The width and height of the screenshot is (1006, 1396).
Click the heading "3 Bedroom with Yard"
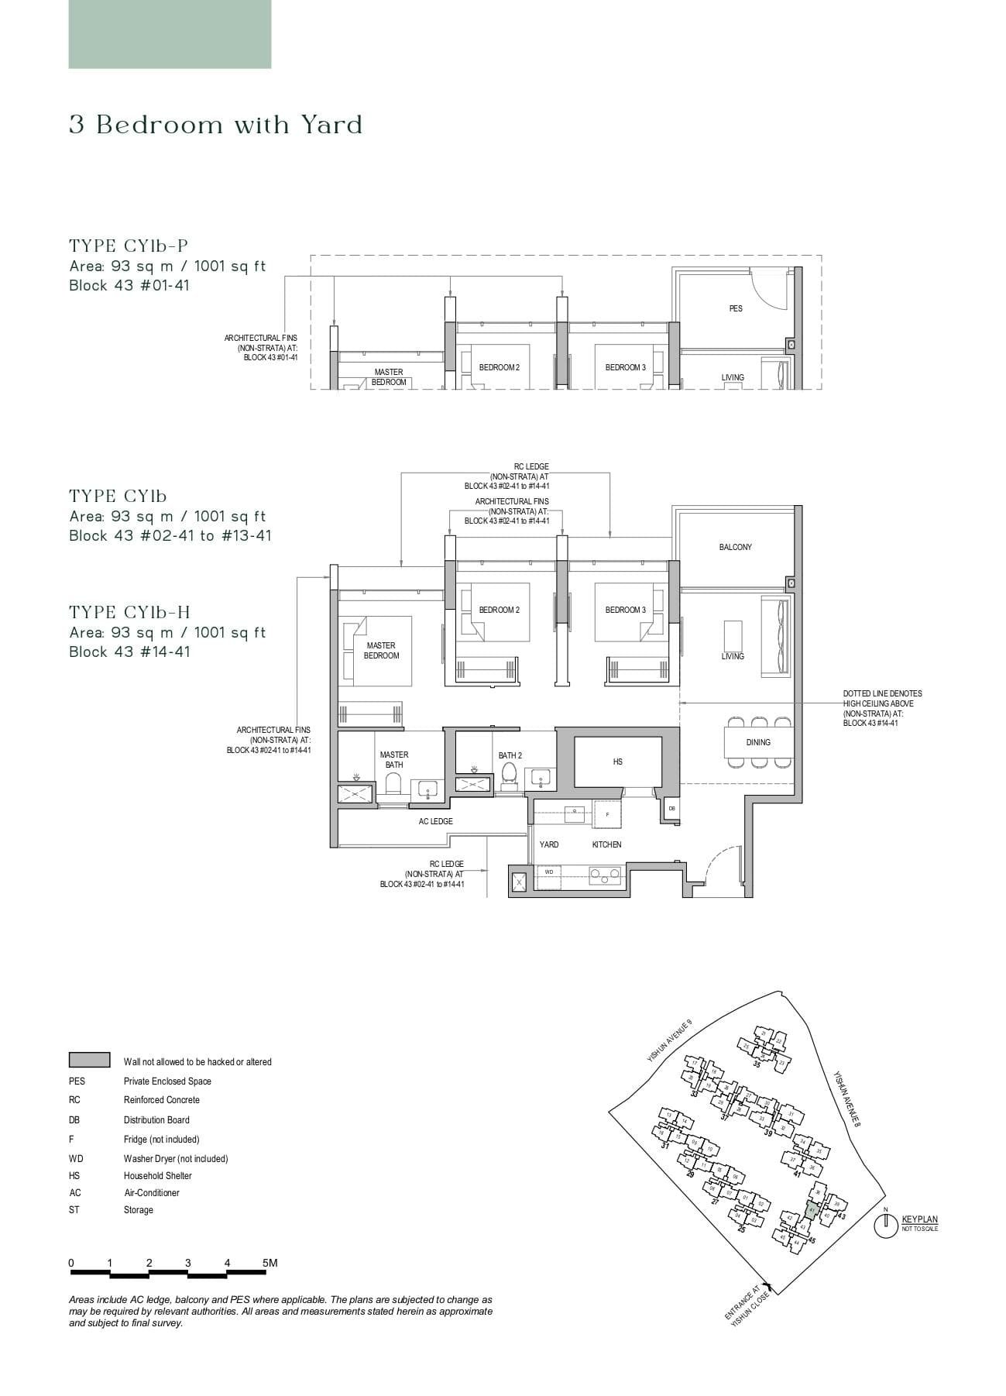click(x=215, y=125)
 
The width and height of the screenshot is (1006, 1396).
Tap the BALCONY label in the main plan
click(x=735, y=547)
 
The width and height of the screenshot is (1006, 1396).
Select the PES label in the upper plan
click(x=735, y=308)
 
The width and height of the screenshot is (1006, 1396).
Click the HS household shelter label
click(x=617, y=762)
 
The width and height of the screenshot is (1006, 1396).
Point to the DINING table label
click(x=758, y=742)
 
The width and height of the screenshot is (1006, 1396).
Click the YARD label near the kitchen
click(x=549, y=844)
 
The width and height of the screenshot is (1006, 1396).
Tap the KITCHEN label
click(x=606, y=844)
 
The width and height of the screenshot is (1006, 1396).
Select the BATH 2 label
click(x=510, y=755)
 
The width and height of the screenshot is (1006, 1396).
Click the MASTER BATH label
click(x=394, y=759)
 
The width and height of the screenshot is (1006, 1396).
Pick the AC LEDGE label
click(x=436, y=821)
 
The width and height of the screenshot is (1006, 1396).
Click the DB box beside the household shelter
click(x=671, y=809)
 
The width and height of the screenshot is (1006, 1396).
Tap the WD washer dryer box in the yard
click(x=549, y=872)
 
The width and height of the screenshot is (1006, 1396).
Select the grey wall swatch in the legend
click(x=89, y=1061)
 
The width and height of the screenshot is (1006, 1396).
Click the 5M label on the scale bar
click(x=270, y=1263)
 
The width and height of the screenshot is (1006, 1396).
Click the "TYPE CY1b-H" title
click(x=129, y=613)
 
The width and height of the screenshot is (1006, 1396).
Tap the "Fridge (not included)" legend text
click(x=161, y=1140)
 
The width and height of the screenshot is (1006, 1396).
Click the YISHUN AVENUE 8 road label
click(x=847, y=1099)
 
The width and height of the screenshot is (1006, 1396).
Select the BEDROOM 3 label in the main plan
click(x=625, y=610)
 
